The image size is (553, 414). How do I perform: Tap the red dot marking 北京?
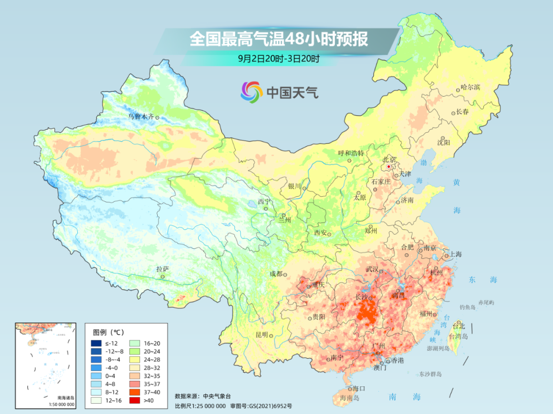pos(389,167)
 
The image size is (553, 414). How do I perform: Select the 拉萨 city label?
pos(162,269)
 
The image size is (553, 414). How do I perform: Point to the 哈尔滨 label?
pos(470,87)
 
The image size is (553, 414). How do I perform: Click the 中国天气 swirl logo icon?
pos(251,92)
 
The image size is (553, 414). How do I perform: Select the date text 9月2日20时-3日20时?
pos(279,59)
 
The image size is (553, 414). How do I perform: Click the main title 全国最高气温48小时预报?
pos(279,40)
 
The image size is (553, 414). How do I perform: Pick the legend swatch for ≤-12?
pos(96,343)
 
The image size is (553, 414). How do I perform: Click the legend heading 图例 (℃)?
pos(105,332)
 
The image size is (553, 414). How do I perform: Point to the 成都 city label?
pos(275,274)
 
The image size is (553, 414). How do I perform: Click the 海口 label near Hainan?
pos(358,389)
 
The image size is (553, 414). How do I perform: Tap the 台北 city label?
pos(459,326)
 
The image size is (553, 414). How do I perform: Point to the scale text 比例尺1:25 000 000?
pos(200,405)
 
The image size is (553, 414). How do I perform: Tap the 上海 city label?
pos(455,254)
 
